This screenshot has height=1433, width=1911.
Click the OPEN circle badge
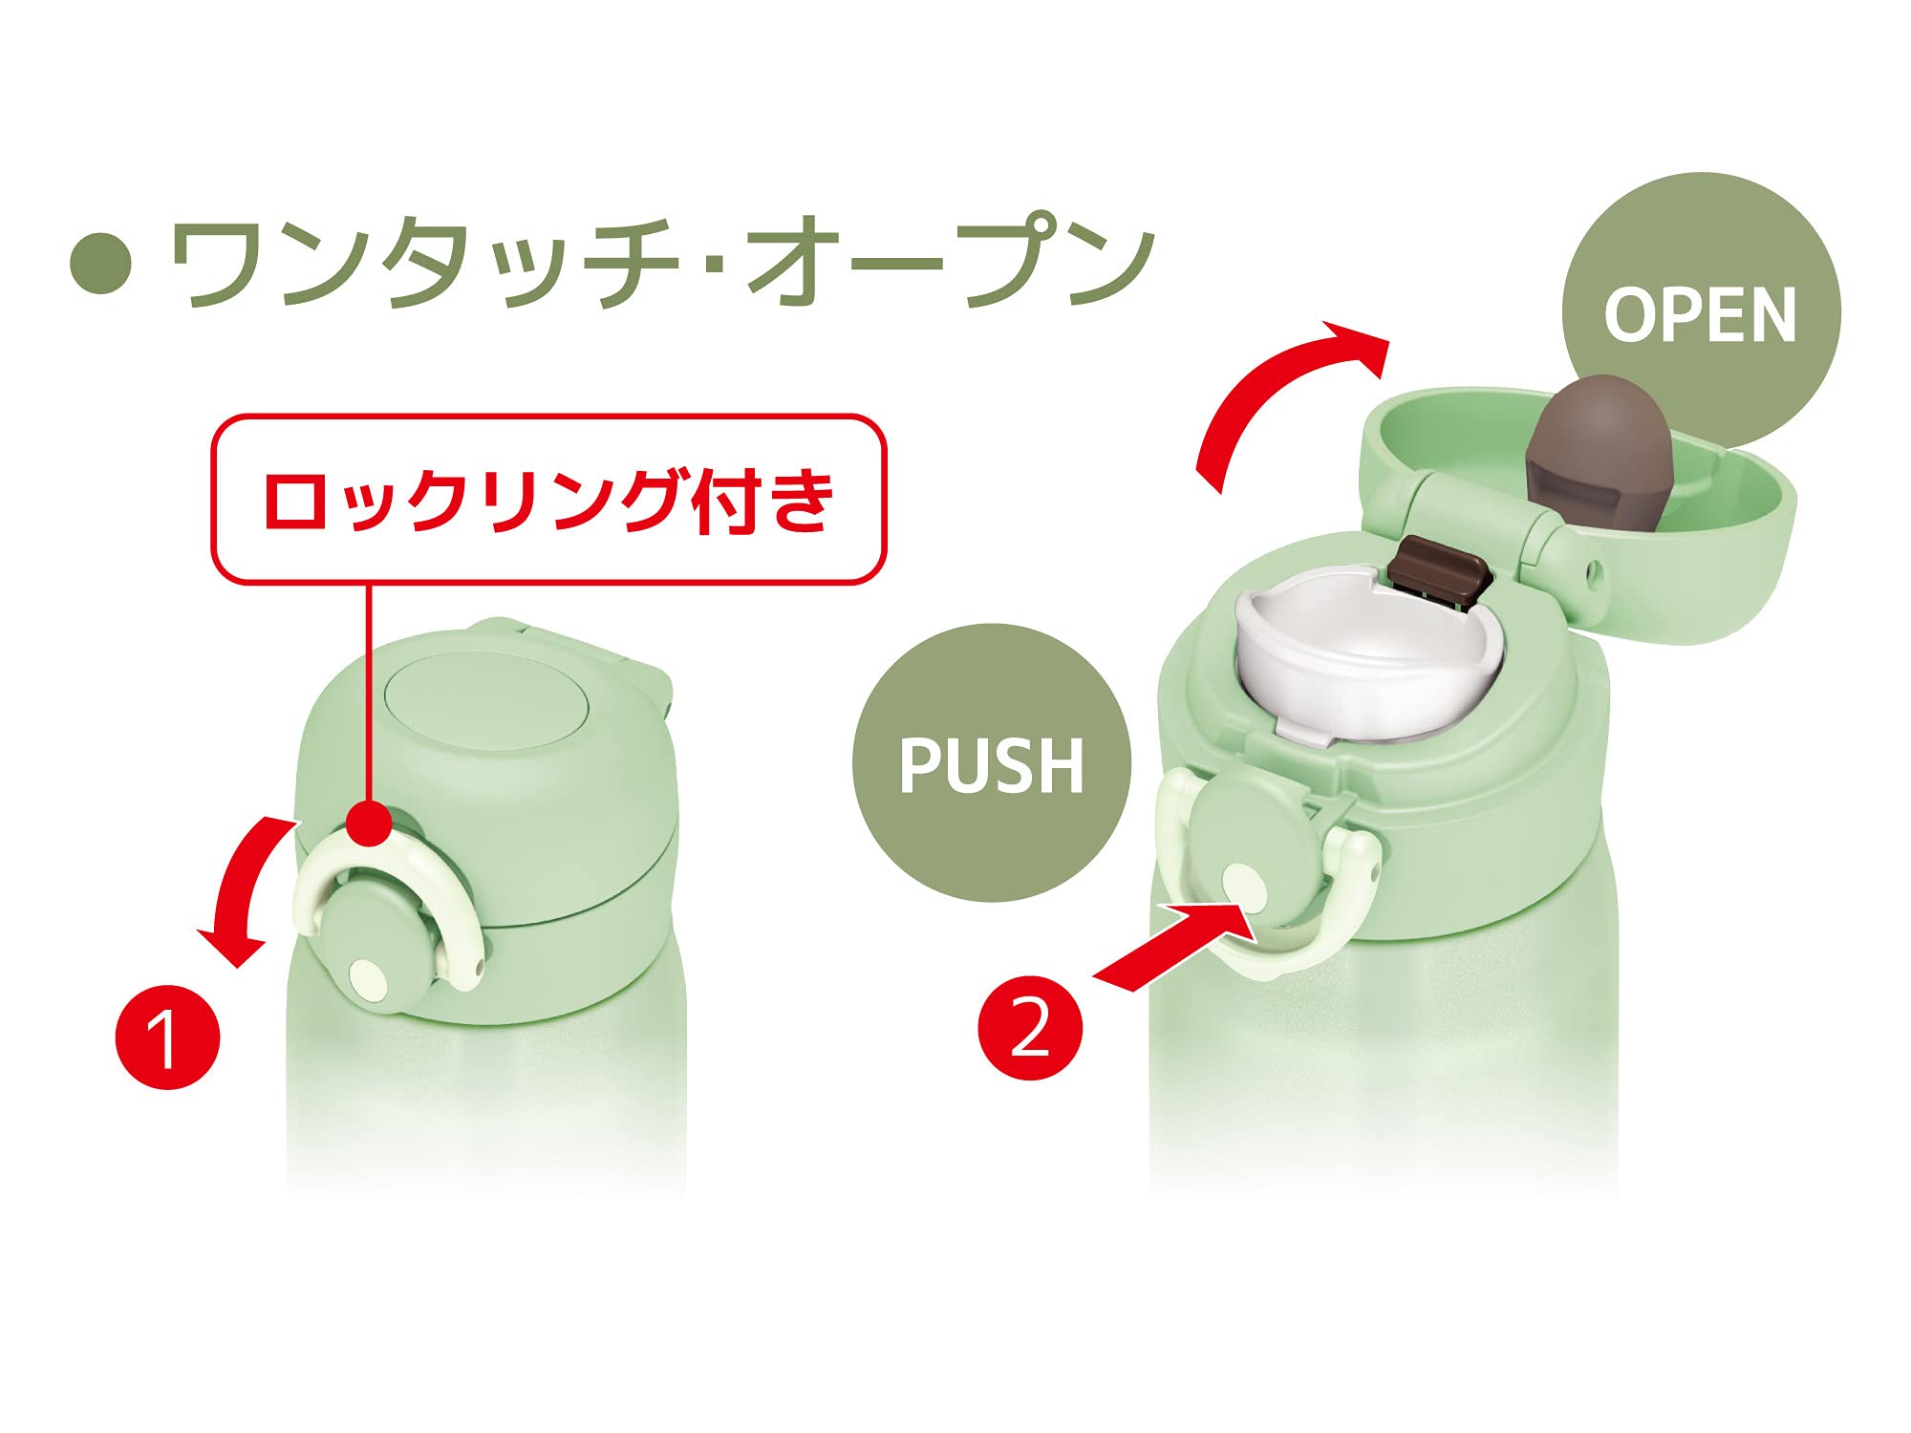[x=1701, y=311]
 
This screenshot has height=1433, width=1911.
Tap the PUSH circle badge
[x=992, y=762]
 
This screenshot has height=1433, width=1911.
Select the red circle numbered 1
[x=167, y=1037]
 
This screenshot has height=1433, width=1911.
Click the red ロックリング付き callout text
[x=548, y=500]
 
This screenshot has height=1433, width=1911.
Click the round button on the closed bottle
[x=373, y=941]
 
